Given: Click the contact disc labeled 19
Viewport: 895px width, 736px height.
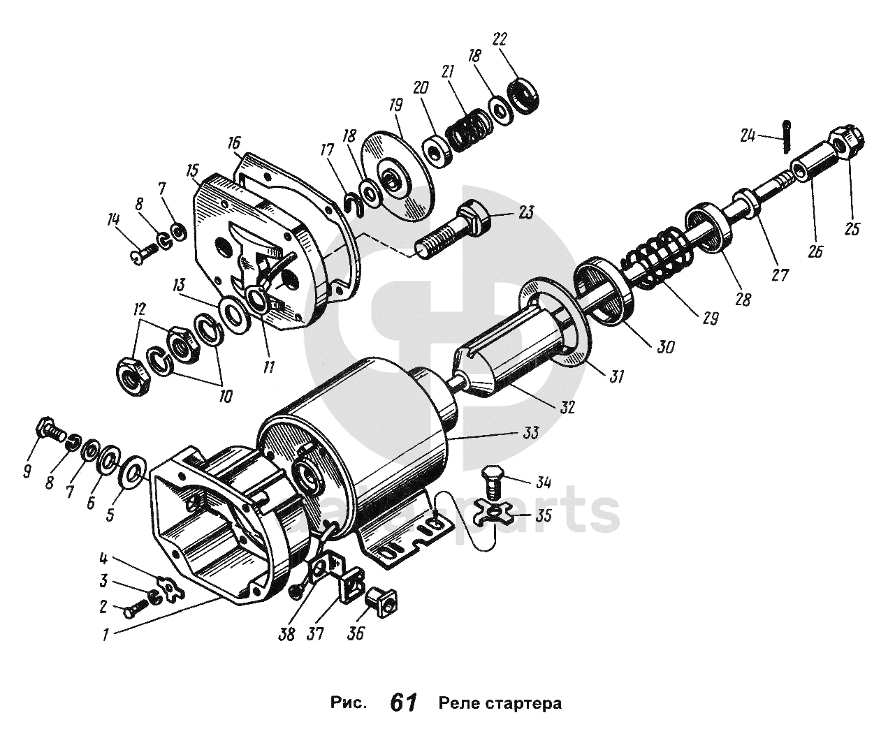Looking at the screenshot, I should coord(395,174).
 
